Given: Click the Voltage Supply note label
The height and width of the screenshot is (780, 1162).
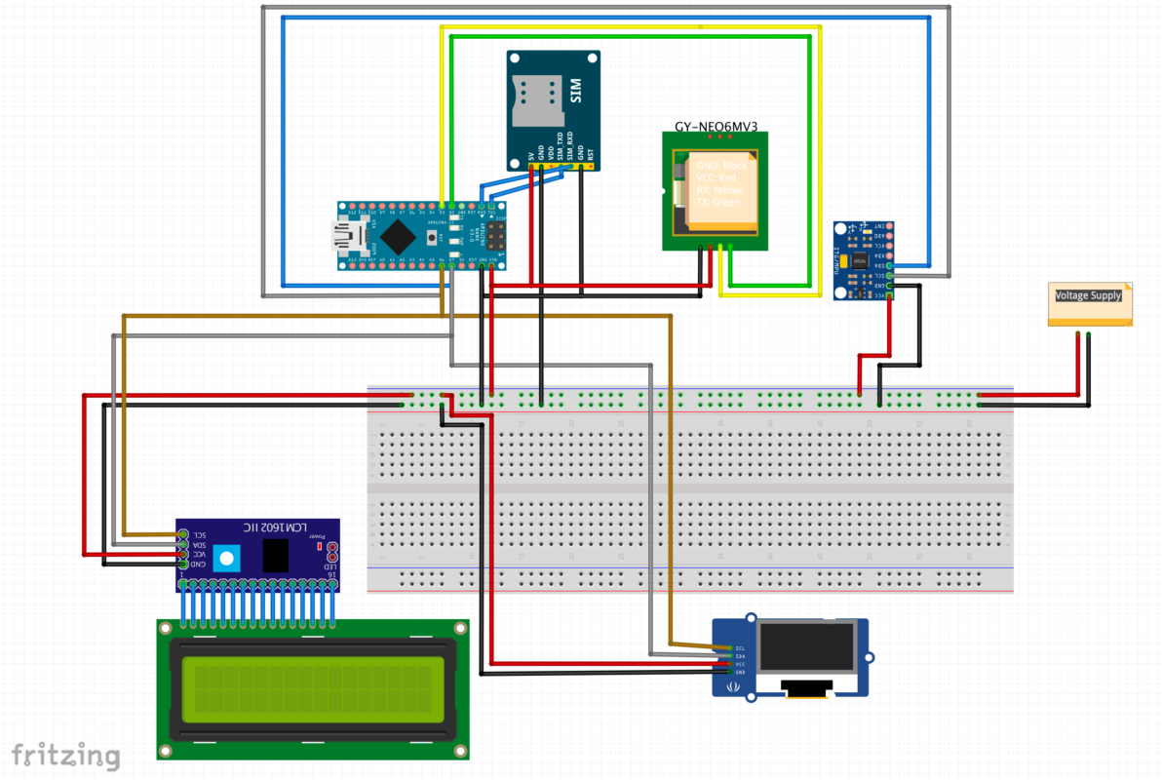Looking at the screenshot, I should coord(1090,295).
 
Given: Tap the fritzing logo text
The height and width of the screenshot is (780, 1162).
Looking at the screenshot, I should coord(65,756).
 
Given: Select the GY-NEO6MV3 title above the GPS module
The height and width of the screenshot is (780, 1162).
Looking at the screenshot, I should coord(717,128).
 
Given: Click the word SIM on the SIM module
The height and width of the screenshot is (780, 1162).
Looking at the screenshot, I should coord(575,92).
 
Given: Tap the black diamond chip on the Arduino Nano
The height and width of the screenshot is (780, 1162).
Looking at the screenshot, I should coord(399,236).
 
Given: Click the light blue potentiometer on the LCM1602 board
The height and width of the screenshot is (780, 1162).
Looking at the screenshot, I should coord(226,559).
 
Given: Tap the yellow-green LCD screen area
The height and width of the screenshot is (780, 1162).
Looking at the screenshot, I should coord(312,687).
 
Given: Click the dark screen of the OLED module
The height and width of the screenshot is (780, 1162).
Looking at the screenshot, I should coord(808,645).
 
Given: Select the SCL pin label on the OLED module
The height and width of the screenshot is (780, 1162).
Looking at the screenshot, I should coord(740,647).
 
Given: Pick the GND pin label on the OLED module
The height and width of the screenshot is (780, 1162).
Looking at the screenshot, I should coord(740,672).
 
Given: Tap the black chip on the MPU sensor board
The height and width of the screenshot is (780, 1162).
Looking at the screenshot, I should coord(859,260).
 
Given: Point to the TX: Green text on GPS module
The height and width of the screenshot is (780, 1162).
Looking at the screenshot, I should coord(718,202).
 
